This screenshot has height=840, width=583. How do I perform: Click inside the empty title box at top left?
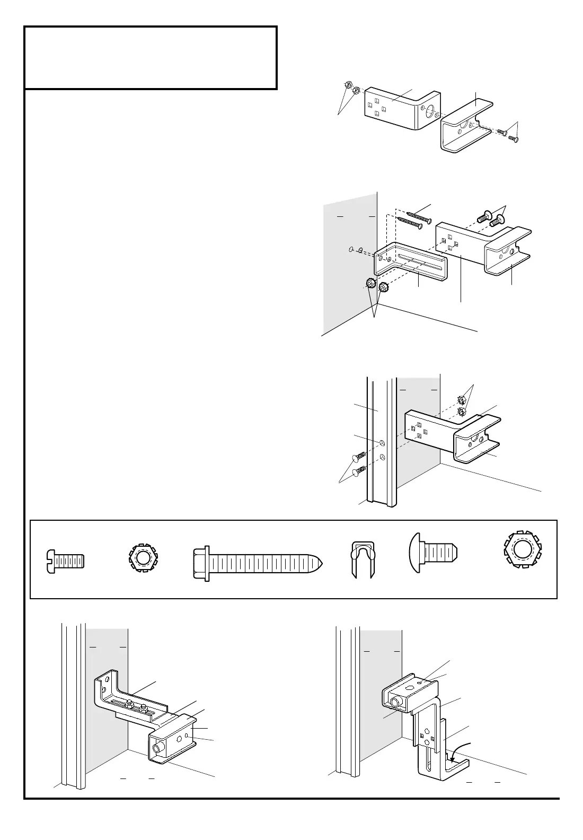[x=151, y=57]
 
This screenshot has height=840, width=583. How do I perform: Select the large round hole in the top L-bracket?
[x=430, y=112]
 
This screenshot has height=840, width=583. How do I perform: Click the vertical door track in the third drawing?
[x=382, y=440]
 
